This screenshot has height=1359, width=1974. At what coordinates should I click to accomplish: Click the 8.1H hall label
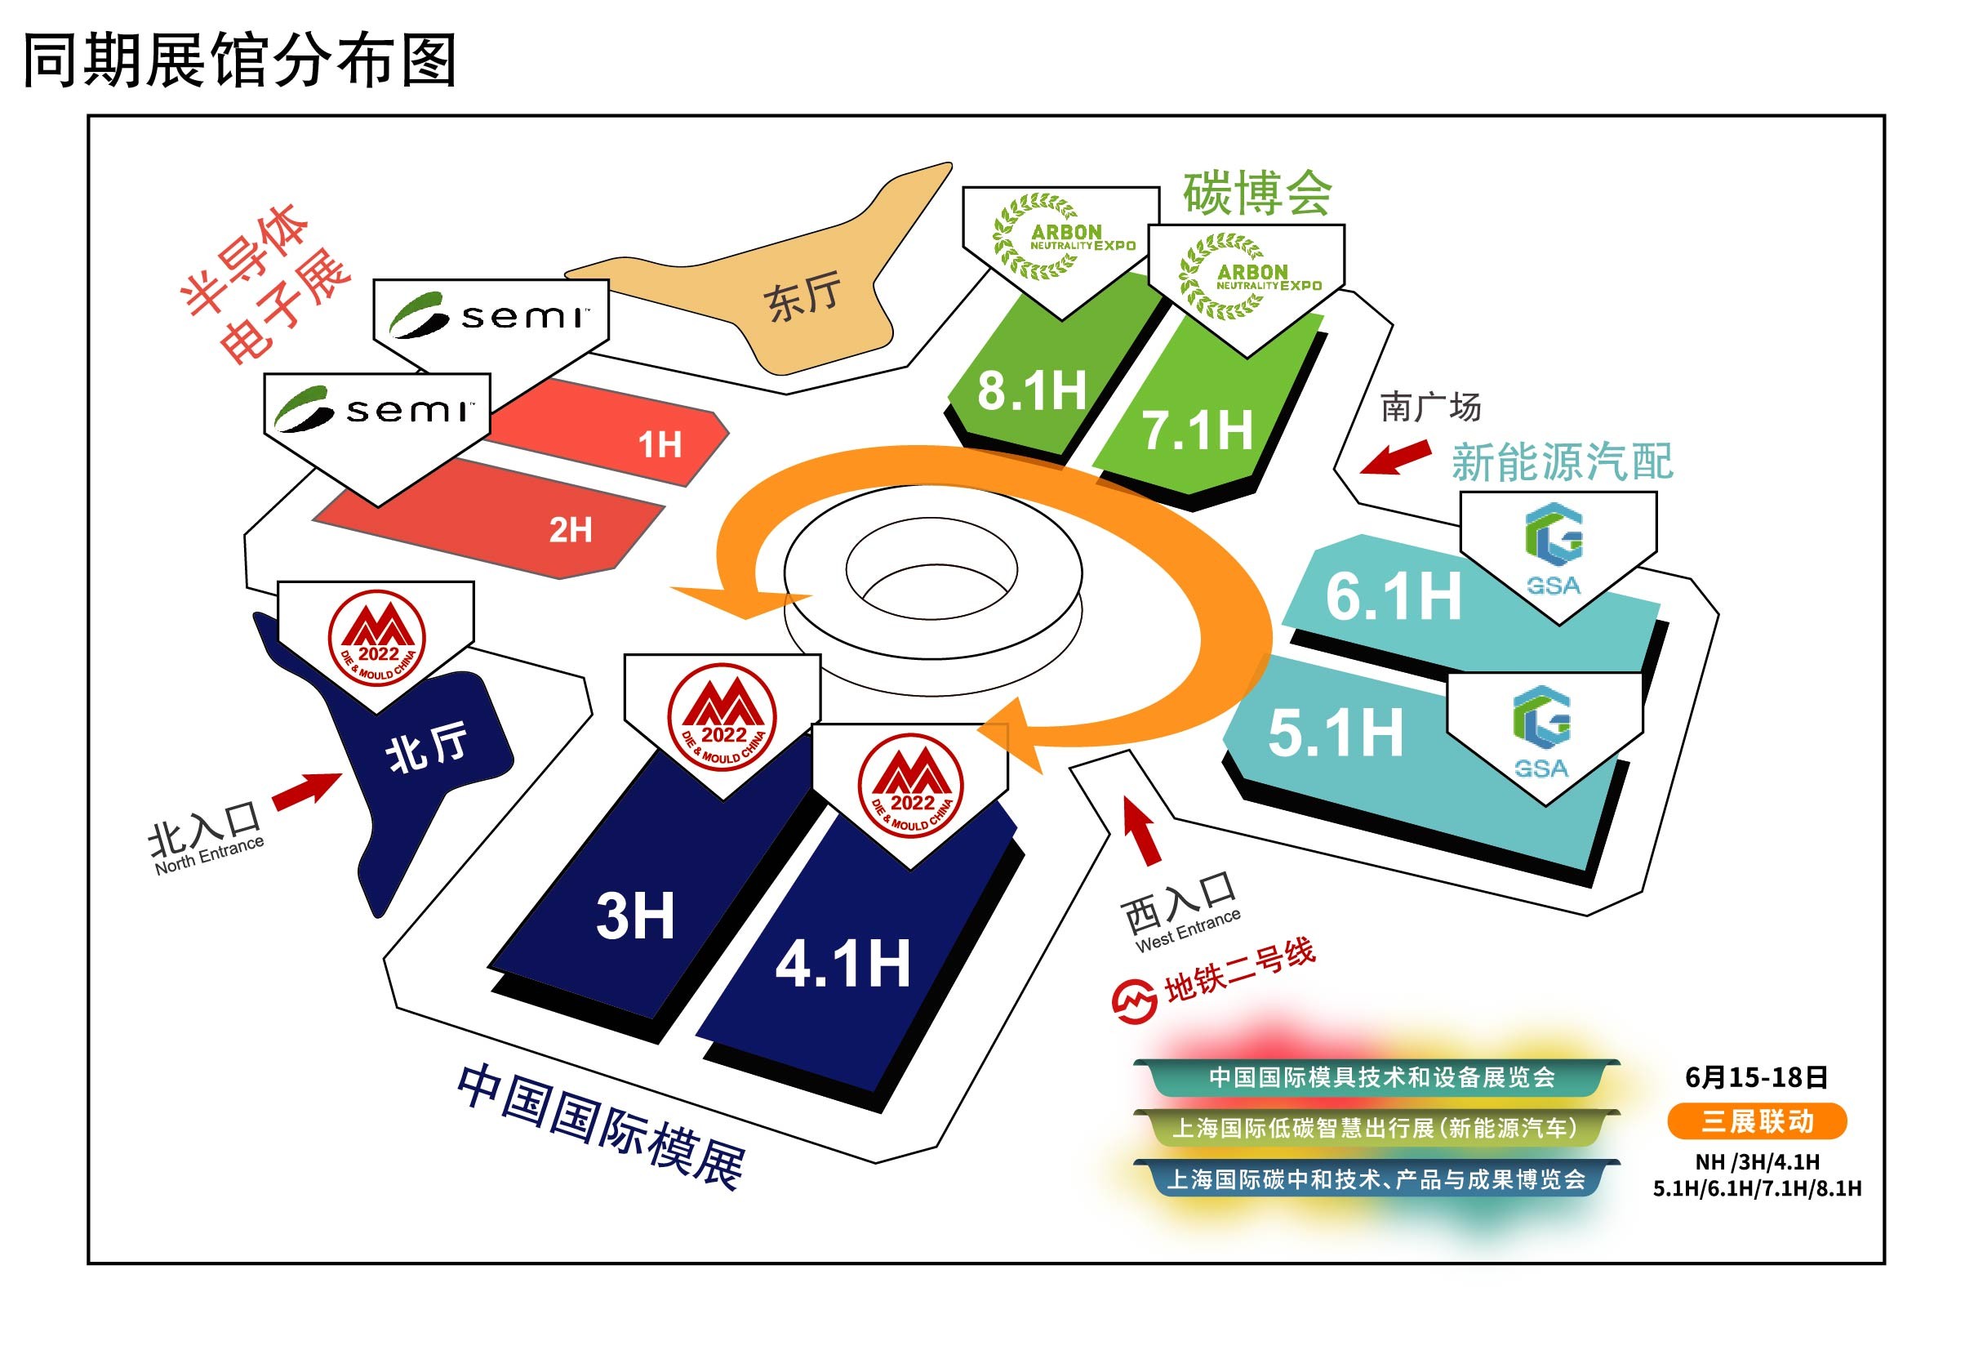[x=1031, y=391]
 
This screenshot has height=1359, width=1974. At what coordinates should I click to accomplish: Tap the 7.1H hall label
[x=1196, y=430]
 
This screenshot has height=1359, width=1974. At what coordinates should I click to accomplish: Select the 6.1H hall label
[x=1393, y=596]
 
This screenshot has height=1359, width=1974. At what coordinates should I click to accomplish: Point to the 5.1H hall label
[x=1335, y=733]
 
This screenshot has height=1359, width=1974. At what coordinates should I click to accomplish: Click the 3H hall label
[x=635, y=916]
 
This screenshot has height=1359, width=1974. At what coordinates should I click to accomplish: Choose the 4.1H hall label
[x=843, y=964]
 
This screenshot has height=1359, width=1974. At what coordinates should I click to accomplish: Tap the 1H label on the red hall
[x=660, y=444]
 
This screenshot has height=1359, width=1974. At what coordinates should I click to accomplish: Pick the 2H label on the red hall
[x=571, y=531]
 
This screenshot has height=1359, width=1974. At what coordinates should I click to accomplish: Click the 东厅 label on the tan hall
[x=802, y=297]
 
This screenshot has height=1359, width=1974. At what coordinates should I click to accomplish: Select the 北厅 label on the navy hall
[x=426, y=746]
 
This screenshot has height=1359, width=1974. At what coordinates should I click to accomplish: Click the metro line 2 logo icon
[x=1134, y=1001]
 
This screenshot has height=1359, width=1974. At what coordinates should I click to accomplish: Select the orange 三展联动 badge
[x=1756, y=1121]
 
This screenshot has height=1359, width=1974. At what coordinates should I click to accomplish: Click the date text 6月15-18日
[x=1756, y=1077]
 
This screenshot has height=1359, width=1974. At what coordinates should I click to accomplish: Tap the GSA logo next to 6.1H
[x=1554, y=549]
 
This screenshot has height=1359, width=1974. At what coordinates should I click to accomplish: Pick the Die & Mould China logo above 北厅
[x=376, y=638]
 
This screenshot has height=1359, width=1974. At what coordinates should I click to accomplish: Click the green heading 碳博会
[x=1256, y=194]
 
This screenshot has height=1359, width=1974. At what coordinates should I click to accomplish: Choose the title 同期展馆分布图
[x=240, y=60]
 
